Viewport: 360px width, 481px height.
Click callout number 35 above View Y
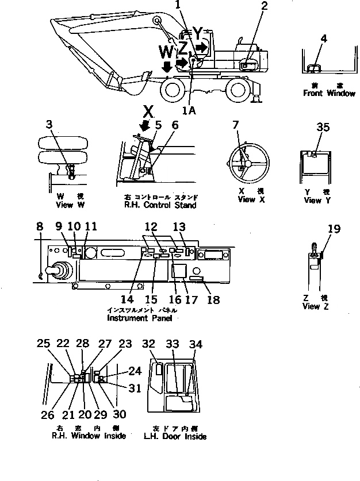coord(323,128)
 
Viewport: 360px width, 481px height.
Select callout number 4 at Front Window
coord(324,39)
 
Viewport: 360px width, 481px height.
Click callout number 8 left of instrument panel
coord(39,228)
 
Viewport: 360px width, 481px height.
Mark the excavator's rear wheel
coord(239,90)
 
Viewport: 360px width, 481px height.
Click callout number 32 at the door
coord(149,344)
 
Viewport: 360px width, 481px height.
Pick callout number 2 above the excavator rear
coord(264,7)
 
